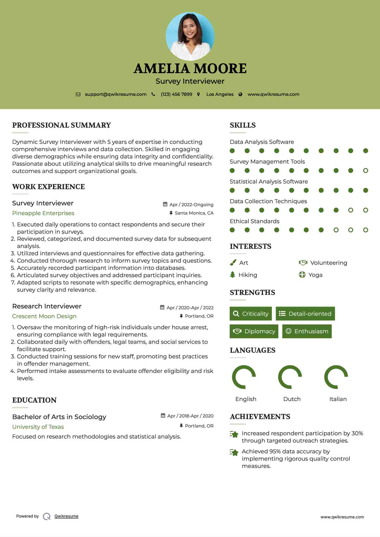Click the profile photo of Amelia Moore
click(190, 36)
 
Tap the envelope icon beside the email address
click(78, 94)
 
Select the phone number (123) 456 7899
click(176, 94)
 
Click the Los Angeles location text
click(220, 94)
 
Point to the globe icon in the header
click(240, 94)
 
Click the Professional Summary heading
click(62, 125)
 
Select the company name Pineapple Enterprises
click(43, 213)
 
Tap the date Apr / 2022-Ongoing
click(191, 205)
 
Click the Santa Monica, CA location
click(194, 213)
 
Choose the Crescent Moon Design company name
click(44, 316)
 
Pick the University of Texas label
click(38, 427)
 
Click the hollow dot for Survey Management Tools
click(365, 171)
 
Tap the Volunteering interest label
click(328, 263)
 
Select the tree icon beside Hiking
click(233, 275)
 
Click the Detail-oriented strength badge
click(305, 314)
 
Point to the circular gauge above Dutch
click(290, 377)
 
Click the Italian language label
click(338, 399)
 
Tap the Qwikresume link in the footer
click(66, 516)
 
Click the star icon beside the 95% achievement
click(234, 452)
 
